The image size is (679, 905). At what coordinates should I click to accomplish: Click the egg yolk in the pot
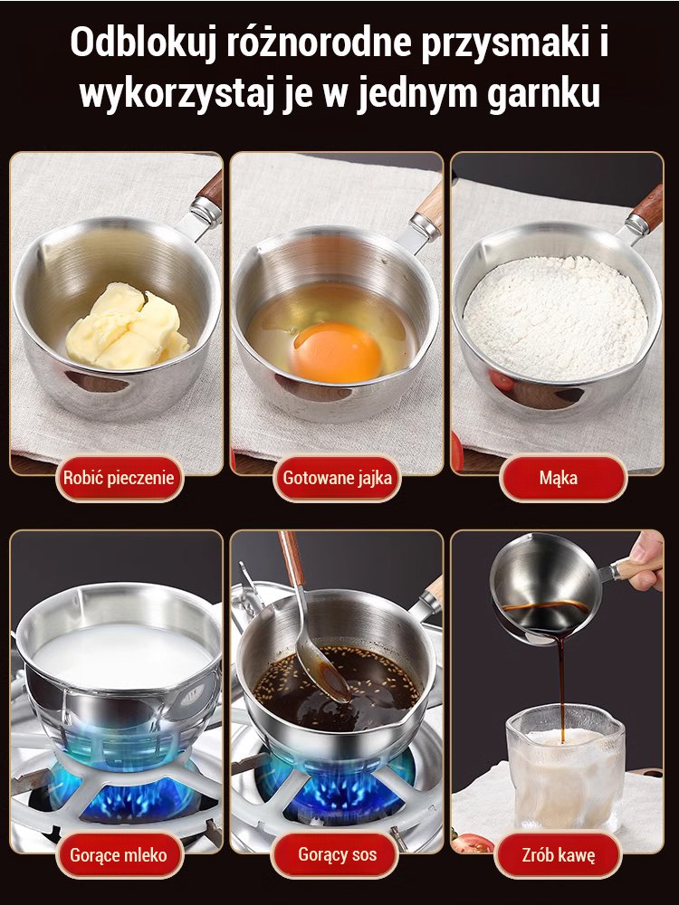(x=336, y=352)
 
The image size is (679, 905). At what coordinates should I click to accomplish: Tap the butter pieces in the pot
(x=127, y=327)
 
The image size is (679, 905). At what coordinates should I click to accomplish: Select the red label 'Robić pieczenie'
(x=119, y=478)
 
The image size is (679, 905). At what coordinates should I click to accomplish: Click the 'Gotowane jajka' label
(x=337, y=478)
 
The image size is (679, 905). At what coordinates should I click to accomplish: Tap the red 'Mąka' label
(x=559, y=478)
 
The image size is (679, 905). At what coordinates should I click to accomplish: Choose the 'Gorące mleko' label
(x=119, y=855)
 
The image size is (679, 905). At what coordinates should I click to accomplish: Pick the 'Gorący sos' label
(x=337, y=855)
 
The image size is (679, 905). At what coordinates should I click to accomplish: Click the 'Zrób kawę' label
(x=559, y=855)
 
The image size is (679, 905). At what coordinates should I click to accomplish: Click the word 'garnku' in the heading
(x=543, y=94)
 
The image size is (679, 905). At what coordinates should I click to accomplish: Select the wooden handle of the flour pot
(x=648, y=205)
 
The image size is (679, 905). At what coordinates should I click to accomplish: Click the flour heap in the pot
(x=556, y=318)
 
